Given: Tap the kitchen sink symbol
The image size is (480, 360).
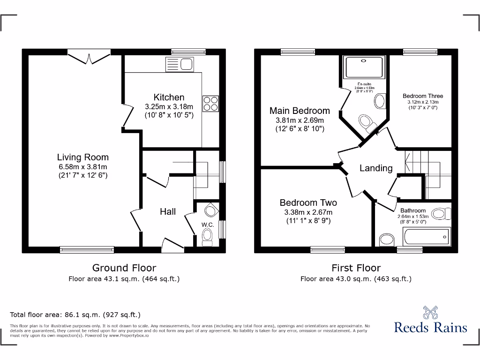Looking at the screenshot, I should pyautogui.click(x=180, y=64).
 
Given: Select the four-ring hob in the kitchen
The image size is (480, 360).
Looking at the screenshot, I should pyautogui.click(x=210, y=103).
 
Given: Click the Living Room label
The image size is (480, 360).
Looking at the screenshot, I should pyautogui.click(x=83, y=157).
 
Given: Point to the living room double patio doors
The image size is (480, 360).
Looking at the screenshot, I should pyautogui.click(x=89, y=57).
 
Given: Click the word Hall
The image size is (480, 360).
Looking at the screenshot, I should pyautogui.click(x=168, y=211).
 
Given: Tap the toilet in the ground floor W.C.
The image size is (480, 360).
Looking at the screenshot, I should pyautogui.click(x=207, y=239).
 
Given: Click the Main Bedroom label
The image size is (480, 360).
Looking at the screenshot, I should pyautogui.click(x=300, y=111).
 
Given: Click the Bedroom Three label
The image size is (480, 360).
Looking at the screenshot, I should pyautogui.click(x=423, y=96).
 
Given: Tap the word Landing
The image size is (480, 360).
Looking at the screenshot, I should pyautogui.click(x=376, y=168).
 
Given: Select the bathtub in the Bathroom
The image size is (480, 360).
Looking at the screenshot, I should pyautogui.click(x=427, y=235).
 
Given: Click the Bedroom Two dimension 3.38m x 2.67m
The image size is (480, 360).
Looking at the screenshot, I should pyautogui.click(x=308, y=212).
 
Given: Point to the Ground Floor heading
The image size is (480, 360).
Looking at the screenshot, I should pyautogui.click(x=124, y=268).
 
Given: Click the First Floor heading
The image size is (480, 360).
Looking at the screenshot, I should pyautogui.click(x=356, y=268).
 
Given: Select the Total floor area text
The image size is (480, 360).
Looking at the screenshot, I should pyautogui.click(x=75, y=315).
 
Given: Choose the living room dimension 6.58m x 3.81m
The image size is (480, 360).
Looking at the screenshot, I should pyautogui.click(x=83, y=167).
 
